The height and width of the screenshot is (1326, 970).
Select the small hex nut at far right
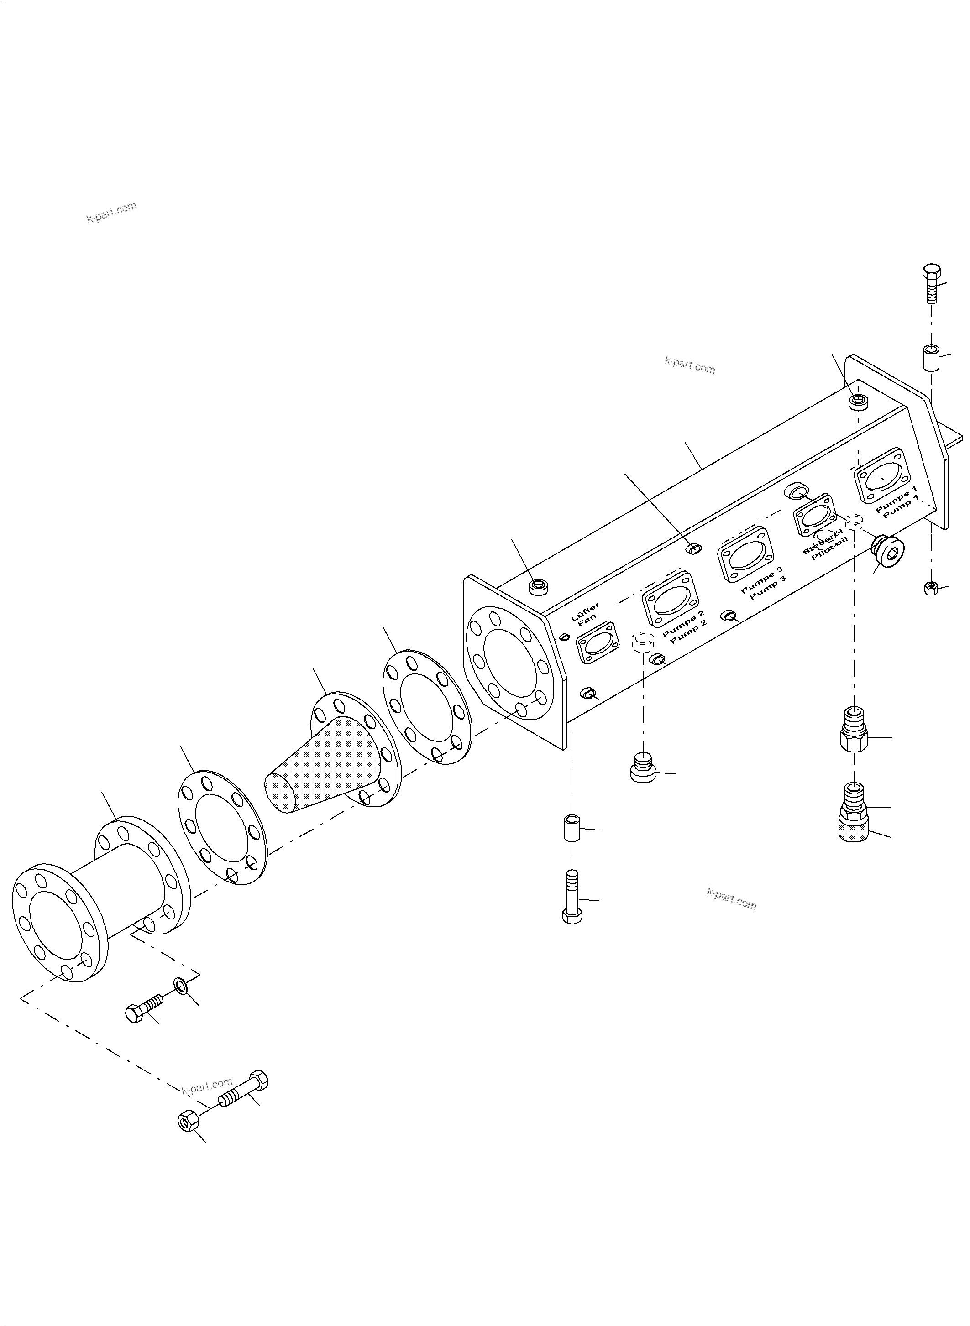[x=931, y=588]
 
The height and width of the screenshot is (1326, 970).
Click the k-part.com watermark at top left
[x=111, y=213]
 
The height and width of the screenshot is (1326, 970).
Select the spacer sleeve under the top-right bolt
[x=929, y=357]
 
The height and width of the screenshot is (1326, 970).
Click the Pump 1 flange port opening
[x=886, y=484]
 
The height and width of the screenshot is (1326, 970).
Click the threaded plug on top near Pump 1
[x=859, y=402]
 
